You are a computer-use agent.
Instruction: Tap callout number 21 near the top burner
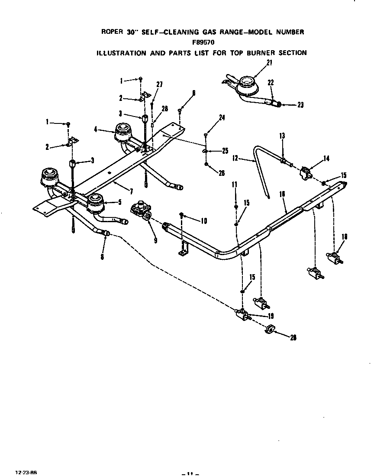pyautogui.click(x=269, y=63)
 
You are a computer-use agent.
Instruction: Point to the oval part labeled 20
pyautogui.click(x=269, y=330)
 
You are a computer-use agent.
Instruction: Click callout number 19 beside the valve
pyautogui.click(x=271, y=316)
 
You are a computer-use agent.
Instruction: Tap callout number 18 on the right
pyautogui.click(x=345, y=236)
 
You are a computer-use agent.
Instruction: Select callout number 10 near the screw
pyautogui.click(x=203, y=221)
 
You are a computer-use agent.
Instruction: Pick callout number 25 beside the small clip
pyautogui.click(x=225, y=151)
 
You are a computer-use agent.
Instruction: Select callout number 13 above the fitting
pyautogui.click(x=282, y=136)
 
